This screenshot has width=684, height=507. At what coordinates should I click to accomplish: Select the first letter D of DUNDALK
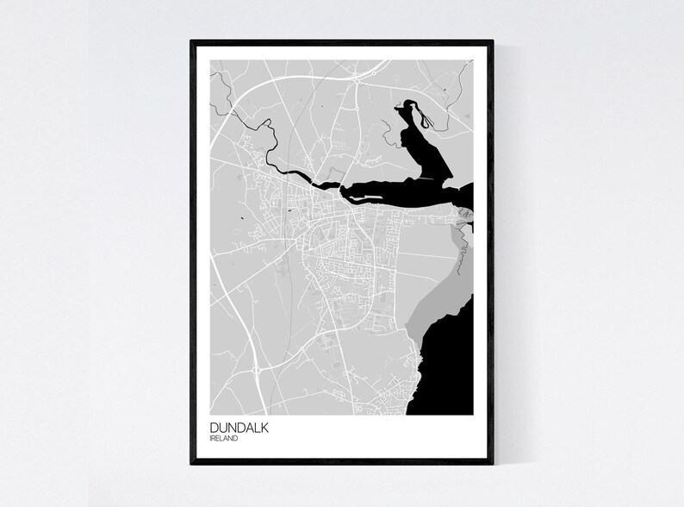tap(213, 427)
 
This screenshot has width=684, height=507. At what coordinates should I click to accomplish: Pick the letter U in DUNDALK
tap(221, 427)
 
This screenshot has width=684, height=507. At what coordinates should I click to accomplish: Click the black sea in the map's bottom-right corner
tap(448, 379)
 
